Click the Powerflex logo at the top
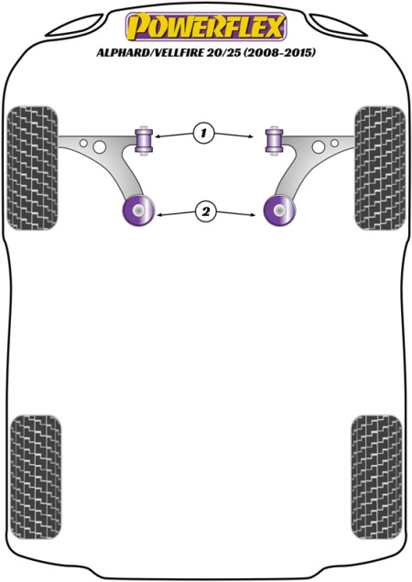206,27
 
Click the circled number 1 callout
203,133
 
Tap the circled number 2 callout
205,211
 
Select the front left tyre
33,168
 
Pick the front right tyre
380,168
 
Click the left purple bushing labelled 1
144,141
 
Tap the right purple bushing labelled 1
274,141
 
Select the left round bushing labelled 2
138,210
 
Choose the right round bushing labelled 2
279,210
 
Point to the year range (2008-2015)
279,53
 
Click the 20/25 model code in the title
223,53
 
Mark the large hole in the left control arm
100,147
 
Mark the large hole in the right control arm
319,147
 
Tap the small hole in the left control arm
83,143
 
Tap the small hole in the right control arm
334,143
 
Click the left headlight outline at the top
75,26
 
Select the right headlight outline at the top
339,26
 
